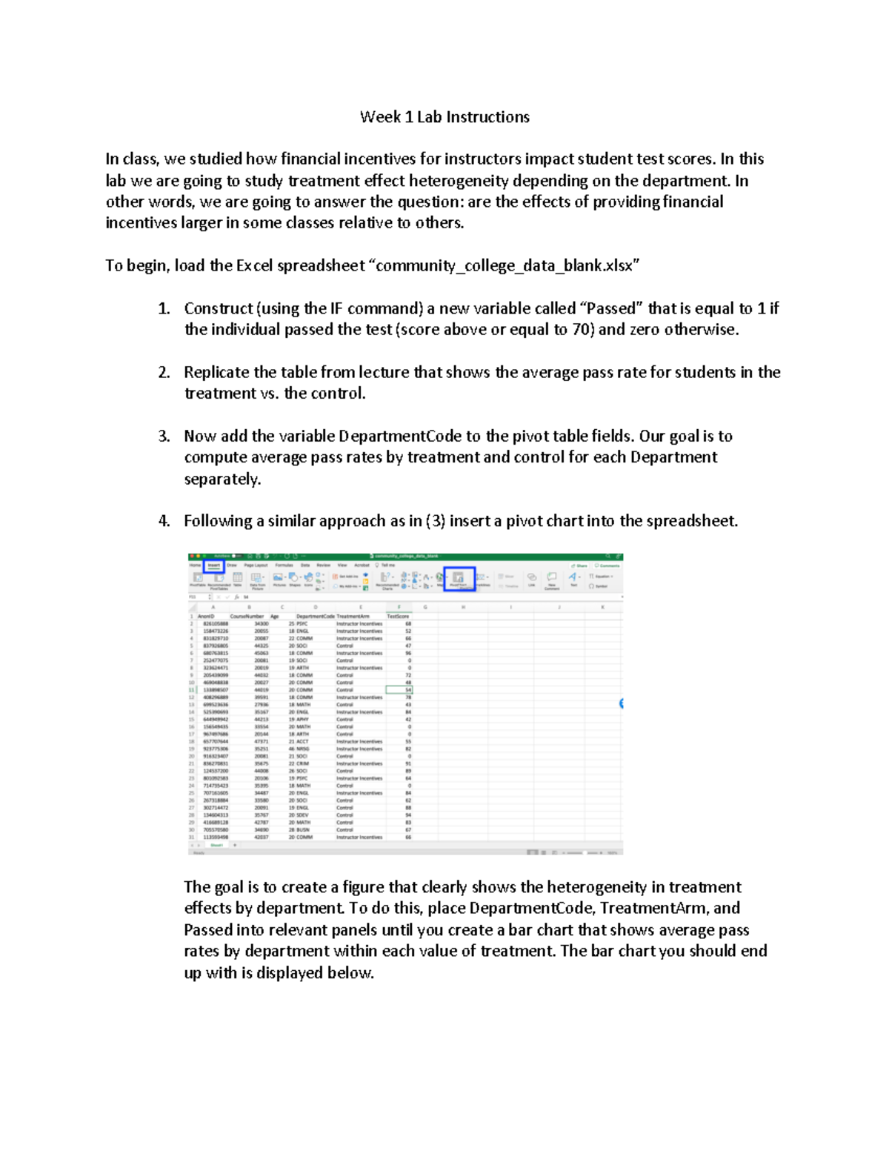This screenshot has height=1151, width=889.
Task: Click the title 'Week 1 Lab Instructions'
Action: pos(444,117)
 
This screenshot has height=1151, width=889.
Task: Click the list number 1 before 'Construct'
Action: pos(164,308)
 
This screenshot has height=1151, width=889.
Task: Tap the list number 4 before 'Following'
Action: pos(164,521)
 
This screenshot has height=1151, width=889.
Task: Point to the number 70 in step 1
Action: pos(581,330)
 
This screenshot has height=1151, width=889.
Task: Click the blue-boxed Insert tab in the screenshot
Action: pos(214,565)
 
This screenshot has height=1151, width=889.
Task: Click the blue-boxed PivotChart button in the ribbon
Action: pos(459,579)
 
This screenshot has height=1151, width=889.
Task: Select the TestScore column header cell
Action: pos(398,616)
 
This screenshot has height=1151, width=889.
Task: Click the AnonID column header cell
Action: pos(206,616)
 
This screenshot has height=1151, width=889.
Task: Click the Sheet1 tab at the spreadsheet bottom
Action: pos(217,845)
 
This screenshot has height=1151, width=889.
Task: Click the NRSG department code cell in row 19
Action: pos(302,749)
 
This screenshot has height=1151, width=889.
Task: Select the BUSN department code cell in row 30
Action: pos(303,830)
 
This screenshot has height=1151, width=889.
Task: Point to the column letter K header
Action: pos(602,607)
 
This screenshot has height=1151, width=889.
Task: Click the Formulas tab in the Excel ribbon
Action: pos(284,565)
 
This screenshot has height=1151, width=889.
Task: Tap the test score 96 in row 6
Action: pos(407,653)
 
